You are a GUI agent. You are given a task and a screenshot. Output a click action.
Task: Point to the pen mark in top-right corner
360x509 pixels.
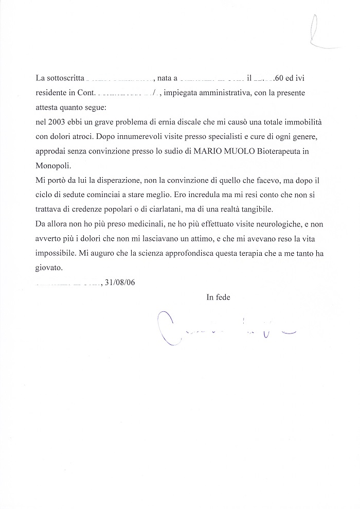pyautogui.click(x=319, y=31)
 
